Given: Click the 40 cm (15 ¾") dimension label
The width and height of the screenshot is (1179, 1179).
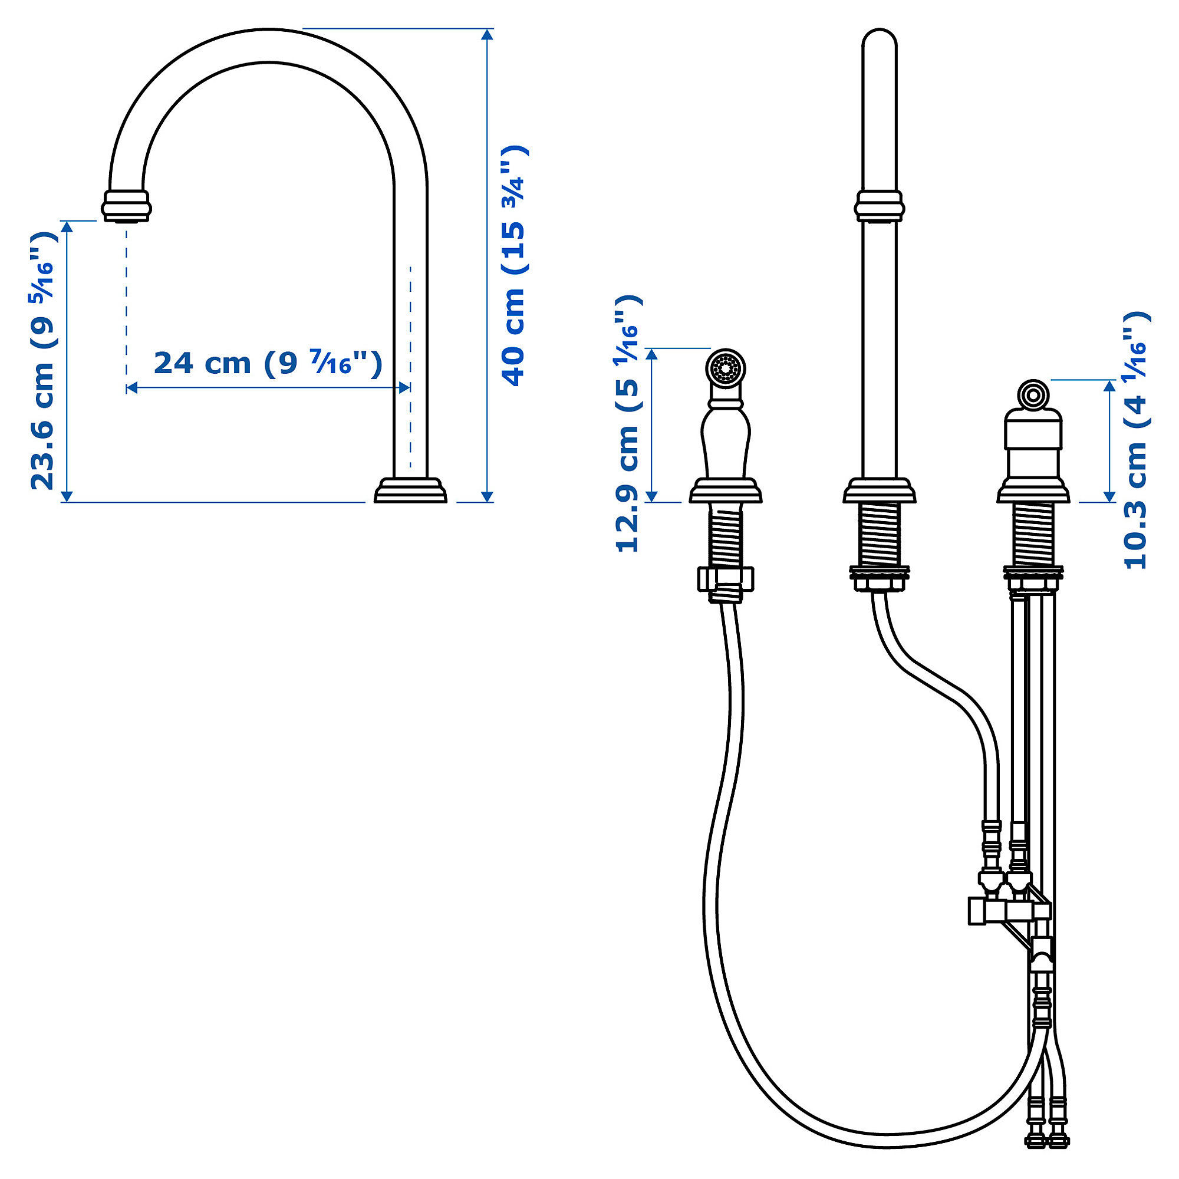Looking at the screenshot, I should [513, 265].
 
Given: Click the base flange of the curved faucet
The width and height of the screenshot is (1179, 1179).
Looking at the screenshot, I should [410, 491].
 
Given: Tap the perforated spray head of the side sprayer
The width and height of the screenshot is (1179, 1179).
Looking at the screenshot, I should [726, 368].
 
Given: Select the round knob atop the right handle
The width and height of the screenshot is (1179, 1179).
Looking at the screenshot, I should [1033, 395].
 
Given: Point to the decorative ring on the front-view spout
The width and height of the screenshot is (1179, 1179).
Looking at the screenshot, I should [880, 206].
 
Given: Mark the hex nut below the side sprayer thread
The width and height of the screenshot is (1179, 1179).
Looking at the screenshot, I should [726, 578].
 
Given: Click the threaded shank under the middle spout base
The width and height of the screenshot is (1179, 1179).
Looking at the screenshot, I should [880, 535].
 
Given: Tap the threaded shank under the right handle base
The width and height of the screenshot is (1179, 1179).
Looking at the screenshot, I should [1034, 535].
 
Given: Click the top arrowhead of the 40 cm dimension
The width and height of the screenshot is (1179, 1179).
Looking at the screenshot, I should [487, 34].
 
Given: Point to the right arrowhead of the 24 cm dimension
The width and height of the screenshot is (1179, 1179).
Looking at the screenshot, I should [404, 387].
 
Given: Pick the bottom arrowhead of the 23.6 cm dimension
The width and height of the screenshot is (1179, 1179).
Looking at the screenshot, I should [67, 496].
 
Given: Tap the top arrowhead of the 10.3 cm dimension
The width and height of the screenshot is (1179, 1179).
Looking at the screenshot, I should [1110, 385].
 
